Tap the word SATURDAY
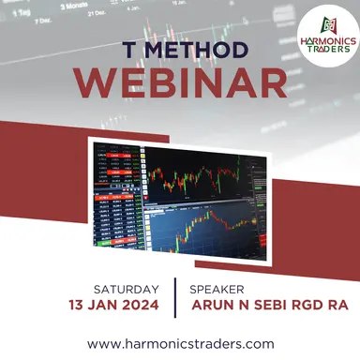point(126,289)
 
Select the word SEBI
point(266,306)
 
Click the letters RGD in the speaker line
point(304,306)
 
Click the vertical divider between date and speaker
point(174,297)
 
